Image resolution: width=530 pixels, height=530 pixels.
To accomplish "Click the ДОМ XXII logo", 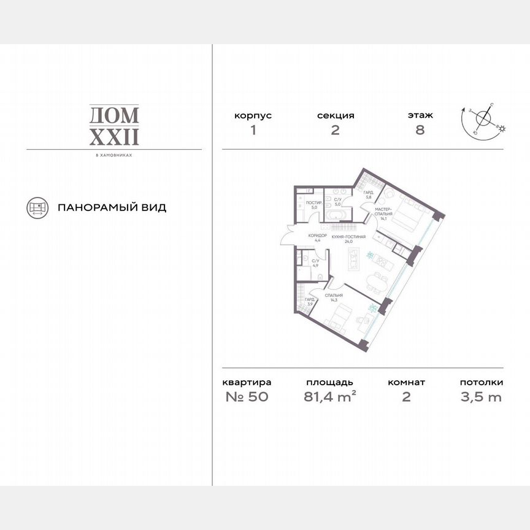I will (115, 125).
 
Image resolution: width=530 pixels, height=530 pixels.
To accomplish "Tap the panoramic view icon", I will (37, 207).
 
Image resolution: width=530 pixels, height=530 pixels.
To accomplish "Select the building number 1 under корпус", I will (252, 130).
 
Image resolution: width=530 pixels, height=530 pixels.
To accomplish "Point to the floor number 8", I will (420, 130).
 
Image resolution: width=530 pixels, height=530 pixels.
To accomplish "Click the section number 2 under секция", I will (336, 130).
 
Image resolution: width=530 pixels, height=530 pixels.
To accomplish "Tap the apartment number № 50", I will (247, 396).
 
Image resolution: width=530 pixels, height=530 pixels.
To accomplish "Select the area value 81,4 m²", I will (329, 396).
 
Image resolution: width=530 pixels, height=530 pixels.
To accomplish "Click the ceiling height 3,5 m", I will (481, 396).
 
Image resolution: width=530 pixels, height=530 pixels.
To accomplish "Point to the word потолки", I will (481, 382).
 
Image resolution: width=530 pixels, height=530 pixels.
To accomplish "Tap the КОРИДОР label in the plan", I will (318, 237).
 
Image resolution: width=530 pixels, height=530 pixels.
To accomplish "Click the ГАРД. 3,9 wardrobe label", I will (310, 302).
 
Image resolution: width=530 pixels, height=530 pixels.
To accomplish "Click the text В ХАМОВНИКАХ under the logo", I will (115, 155).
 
